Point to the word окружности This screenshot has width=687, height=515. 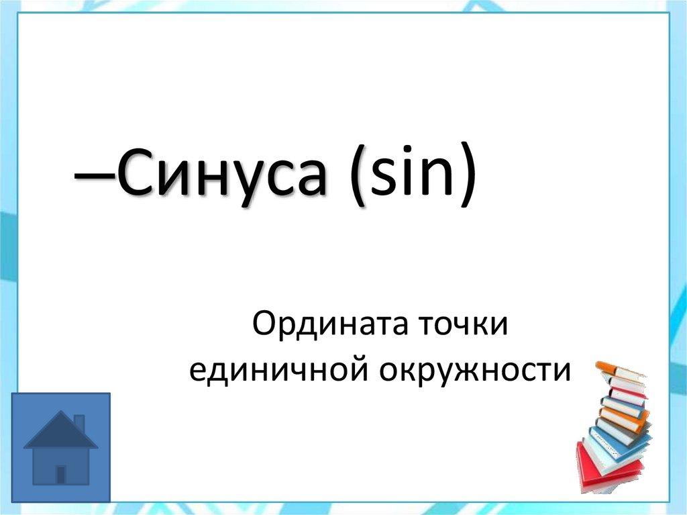pos(477,371)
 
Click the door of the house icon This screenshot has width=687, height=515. pos(61,474)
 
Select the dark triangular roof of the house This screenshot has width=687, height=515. pos(60,433)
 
